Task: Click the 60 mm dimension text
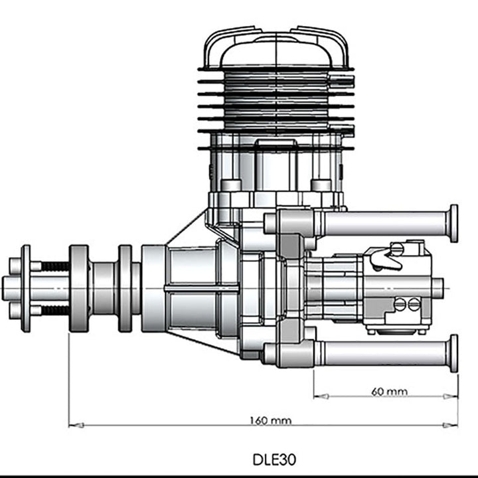tap(389, 391)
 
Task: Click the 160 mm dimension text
tap(270, 420)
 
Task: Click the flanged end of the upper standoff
tap(453, 223)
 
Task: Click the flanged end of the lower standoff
tap(453, 353)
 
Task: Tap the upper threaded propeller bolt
tap(54, 266)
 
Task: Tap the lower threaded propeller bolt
tap(54, 310)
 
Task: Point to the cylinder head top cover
tap(276, 46)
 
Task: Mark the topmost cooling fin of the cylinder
tap(276, 69)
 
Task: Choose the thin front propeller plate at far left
tap(26, 288)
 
